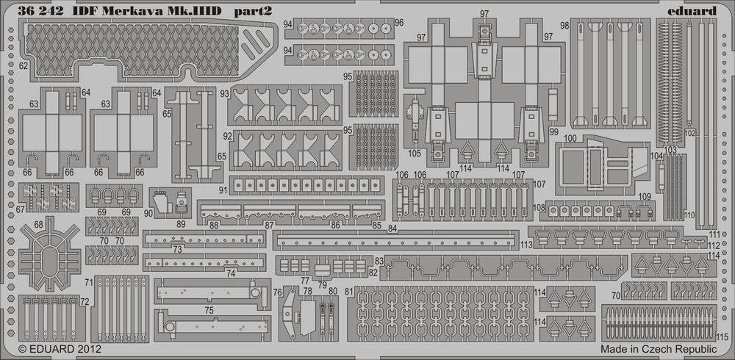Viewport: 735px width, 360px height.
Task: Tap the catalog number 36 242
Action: [40, 11]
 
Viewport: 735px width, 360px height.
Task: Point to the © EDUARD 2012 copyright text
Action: [60, 349]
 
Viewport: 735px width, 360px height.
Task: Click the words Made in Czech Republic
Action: [659, 349]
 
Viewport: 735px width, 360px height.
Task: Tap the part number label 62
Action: [24, 67]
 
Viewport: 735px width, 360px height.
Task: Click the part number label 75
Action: [209, 310]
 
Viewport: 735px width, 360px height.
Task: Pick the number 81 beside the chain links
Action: [348, 292]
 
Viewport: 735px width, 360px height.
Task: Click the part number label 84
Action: [392, 228]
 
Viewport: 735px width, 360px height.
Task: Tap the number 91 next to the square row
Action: [223, 190]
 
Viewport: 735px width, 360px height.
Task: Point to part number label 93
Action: [224, 94]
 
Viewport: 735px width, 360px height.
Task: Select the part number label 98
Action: [564, 24]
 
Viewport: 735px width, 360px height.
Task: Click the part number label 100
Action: [570, 138]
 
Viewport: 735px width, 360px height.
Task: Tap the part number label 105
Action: [415, 153]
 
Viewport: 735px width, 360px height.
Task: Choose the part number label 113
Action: [526, 244]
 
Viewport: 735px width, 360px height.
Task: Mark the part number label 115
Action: [723, 337]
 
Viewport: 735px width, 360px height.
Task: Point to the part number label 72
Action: [85, 303]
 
